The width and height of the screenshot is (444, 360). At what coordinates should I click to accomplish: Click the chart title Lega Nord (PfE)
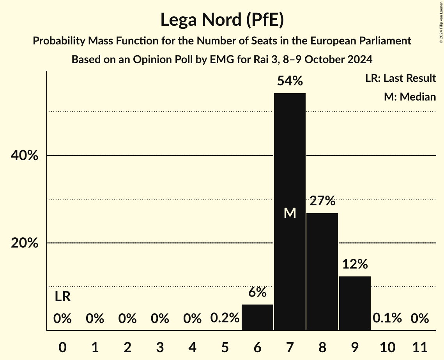222,19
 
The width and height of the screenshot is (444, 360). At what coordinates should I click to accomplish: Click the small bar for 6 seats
257,317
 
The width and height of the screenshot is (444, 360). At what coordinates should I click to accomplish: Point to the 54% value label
290,81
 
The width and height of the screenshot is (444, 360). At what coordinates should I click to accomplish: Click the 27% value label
322,201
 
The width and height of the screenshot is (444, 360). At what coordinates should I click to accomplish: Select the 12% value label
355,265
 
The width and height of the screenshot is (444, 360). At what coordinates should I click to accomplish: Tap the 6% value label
257,292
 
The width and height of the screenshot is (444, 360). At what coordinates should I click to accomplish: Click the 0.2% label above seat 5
225,318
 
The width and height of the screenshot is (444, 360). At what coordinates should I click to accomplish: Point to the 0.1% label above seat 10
387,318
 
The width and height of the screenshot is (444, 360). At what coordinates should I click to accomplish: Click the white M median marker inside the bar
290,213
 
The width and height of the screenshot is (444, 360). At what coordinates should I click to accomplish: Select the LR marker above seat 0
62,297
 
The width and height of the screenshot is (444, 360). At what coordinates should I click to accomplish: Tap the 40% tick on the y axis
24,156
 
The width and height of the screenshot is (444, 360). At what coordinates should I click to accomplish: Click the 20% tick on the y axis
24,243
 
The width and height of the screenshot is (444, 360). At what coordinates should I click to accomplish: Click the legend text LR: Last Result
400,78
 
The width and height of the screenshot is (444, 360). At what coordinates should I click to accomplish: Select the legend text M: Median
410,97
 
